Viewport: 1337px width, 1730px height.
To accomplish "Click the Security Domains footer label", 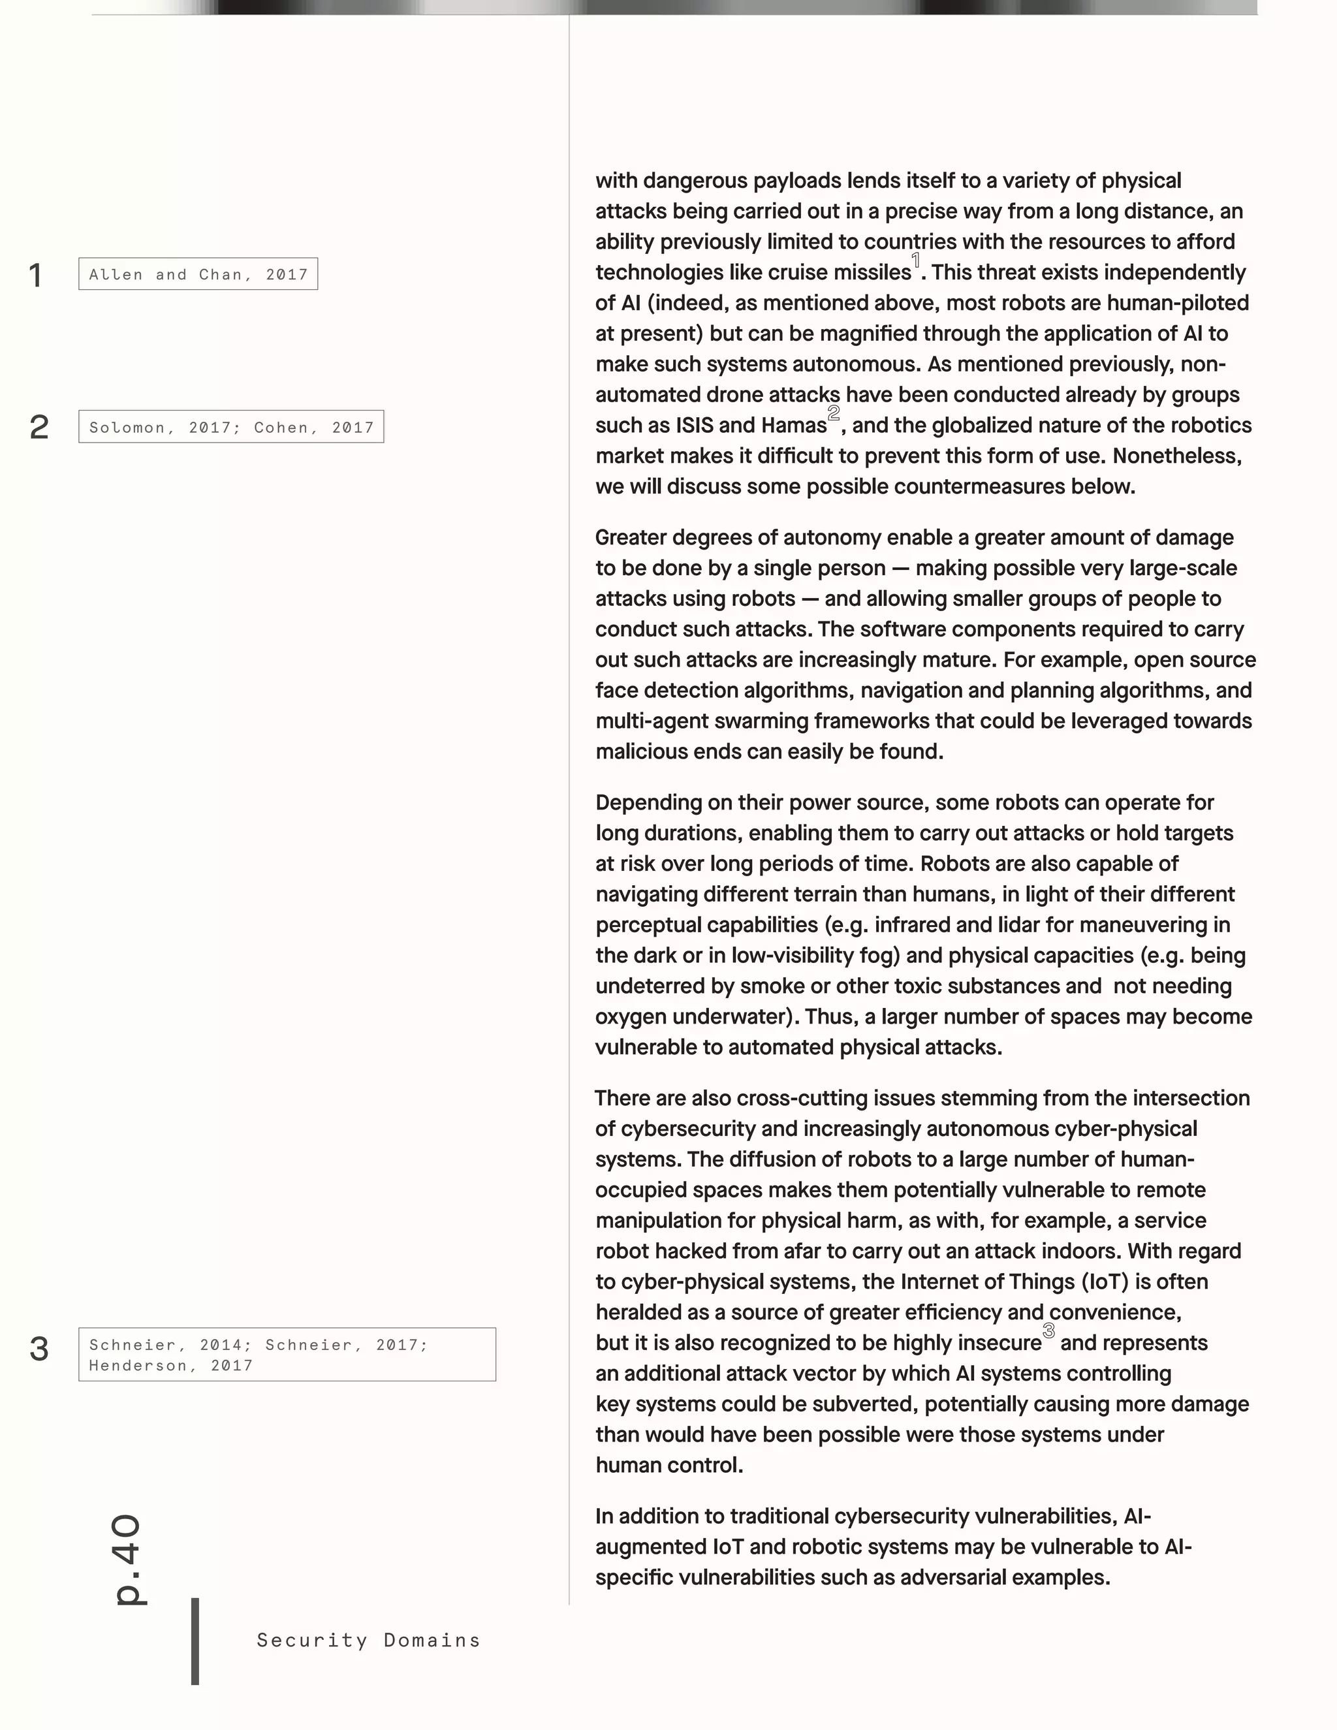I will [x=368, y=1640].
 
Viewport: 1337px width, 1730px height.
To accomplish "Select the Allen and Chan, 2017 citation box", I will [x=198, y=274].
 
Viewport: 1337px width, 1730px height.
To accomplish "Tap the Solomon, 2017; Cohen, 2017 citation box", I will [x=230, y=427].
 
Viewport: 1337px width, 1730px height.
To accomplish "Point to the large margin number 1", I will [x=36, y=275].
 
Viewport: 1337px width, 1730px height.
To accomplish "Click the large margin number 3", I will [x=39, y=1348].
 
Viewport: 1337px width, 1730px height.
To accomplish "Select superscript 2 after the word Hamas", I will [x=833, y=413].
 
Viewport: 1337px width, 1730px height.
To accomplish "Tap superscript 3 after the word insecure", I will [x=1048, y=1330].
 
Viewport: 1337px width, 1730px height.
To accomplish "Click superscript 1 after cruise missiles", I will [x=916, y=260].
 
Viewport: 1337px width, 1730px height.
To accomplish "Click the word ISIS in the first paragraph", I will [x=694, y=426].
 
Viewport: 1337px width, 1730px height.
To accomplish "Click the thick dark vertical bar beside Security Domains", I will [x=195, y=1641].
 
